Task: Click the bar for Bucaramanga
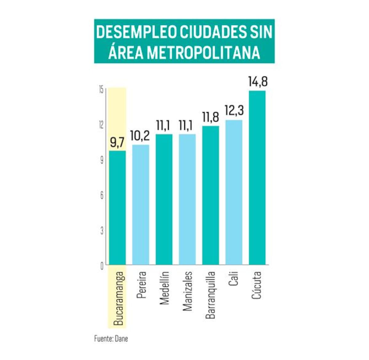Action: pyautogui.click(x=117, y=208)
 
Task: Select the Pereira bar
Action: pyautogui.click(x=141, y=204)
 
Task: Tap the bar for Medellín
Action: pyautogui.click(x=164, y=199)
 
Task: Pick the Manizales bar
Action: pyautogui.click(x=187, y=199)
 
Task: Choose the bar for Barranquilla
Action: pyautogui.click(x=211, y=195)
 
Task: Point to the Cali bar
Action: pyautogui.click(x=234, y=192)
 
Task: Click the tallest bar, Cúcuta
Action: pyautogui.click(x=257, y=178)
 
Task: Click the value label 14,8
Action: pyautogui.click(x=258, y=82)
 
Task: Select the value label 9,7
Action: pyautogui.click(x=117, y=143)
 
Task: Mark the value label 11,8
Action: pyautogui.click(x=210, y=117)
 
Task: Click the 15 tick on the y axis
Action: pyautogui.click(x=101, y=90)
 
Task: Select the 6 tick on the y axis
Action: pyautogui.click(x=102, y=196)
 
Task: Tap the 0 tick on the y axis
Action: pyautogui.click(x=102, y=266)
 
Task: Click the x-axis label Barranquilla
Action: pyautogui.click(x=210, y=295)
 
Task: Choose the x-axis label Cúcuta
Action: pyautogui.click(x=256, y=285)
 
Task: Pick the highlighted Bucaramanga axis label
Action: pyautogui.click(x=118, y=298)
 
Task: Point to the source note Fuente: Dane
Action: pyautogui.click(x=111, y=339)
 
